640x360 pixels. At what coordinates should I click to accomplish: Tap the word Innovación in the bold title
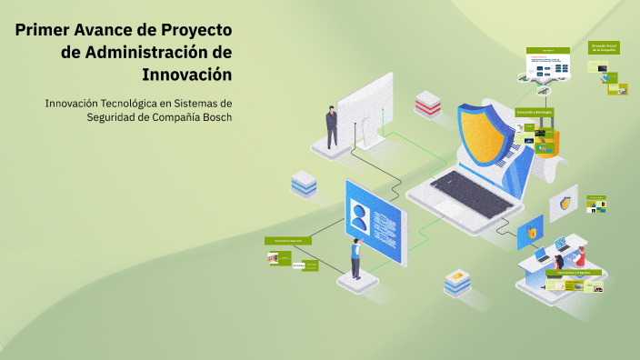(x=188, y=74)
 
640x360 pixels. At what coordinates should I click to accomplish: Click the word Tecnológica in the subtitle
(x=141, y=103)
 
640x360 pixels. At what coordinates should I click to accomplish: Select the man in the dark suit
(x=332, y=127)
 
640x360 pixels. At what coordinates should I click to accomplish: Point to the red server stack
(x=427, y=105)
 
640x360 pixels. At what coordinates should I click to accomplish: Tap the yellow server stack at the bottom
(x=457, y=281)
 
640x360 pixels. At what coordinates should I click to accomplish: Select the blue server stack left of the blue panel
(x=304, y=185)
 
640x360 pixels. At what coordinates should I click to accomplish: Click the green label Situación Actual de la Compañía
(x=605, y=46)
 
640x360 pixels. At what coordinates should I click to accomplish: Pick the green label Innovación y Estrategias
(x=534, y=112)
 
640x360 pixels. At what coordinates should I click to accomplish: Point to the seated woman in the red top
(x=578, y=257)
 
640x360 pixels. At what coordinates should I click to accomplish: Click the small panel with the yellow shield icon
(x=565, y=202)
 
